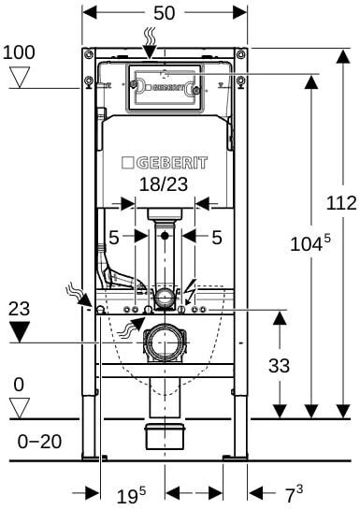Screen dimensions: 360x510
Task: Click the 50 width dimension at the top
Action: [x=164, y=13]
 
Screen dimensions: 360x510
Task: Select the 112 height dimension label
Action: [x=341, y=203]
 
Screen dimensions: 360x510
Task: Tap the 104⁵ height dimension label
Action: [x=310, y=243]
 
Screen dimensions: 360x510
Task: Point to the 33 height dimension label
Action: [x=279, y=366]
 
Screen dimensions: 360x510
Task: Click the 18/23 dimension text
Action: [x=164, y=184]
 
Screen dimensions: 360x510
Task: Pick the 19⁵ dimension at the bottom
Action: [x=131, y=495]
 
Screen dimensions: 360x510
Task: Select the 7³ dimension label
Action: [x=294, y=494]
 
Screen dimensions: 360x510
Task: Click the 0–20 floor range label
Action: [x=39, y=442]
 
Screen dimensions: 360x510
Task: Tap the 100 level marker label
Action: [x=19, y=52]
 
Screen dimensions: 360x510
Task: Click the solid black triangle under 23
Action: [x=20, y=331]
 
